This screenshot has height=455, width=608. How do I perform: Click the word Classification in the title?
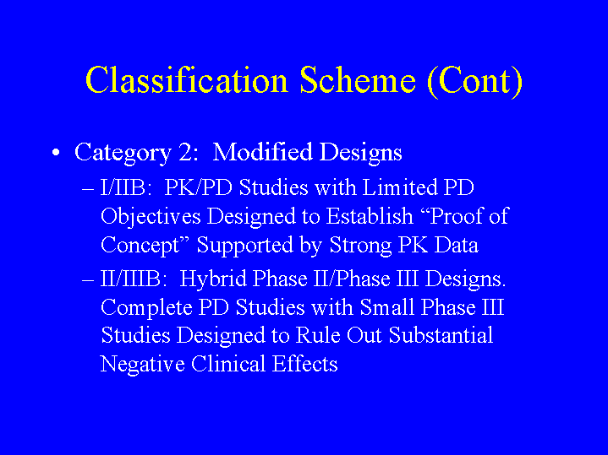tap(187, 79)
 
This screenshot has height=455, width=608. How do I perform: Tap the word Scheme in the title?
tap(358, 79)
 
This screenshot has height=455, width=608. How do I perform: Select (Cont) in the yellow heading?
tap(474, 80)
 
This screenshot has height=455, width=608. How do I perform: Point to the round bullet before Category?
tap(56, 152)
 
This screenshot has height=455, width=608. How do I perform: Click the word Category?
tap(123, 153)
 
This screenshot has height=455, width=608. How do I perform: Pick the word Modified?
tap(262, 151)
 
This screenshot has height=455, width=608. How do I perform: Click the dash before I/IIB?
tap(88, 189)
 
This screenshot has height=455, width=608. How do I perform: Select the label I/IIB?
tap(126, 187)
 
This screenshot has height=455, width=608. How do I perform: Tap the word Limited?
tap(399, 187)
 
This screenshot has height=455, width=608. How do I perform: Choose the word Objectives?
tap(151, 217)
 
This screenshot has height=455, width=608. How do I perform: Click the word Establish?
tap(370, 216)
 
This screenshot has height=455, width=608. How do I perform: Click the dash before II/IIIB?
tap(88, 280)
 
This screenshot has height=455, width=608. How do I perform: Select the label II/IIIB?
tap(134, 279)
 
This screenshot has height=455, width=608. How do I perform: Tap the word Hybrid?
tap(213, 279)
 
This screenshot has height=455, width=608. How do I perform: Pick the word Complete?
tap(146, 309)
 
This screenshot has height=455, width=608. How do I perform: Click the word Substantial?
tap(441, 334)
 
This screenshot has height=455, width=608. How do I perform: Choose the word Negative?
tap(142, 365)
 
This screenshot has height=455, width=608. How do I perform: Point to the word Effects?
tap(304, 364)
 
